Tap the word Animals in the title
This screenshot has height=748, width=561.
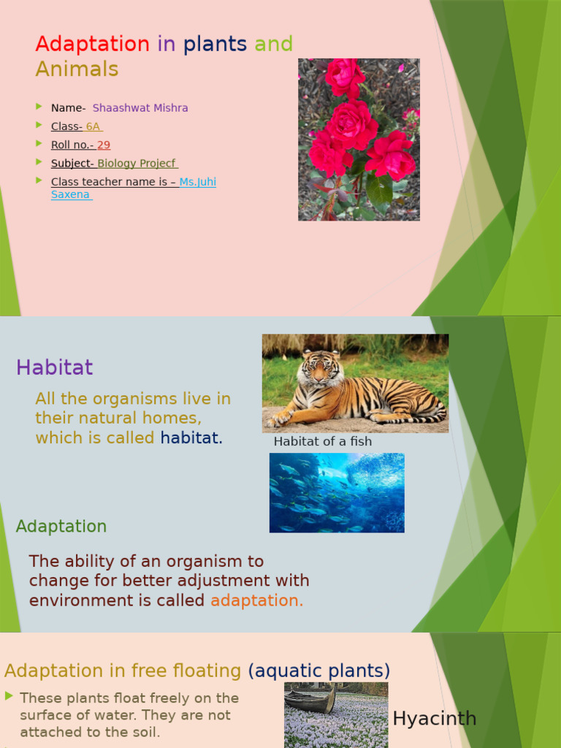(77, 69)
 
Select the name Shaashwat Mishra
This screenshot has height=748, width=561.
(140, 108)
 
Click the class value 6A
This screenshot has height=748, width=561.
(93, 126)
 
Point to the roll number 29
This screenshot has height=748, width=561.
(104, 145)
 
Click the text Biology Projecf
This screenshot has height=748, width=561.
(137, 164)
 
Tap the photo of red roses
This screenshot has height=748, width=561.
(359, 139)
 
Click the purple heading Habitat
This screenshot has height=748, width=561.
(55, 367)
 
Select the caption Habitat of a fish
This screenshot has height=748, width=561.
(322, 441)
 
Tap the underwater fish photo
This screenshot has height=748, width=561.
(337, 492)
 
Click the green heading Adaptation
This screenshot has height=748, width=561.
(61, 527)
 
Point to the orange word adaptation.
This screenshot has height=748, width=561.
(256, 600)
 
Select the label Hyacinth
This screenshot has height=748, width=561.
(435, 719)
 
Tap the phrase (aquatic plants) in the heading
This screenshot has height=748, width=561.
(318, 671)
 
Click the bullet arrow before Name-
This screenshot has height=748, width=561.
(39, 107)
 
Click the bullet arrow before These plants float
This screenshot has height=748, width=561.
(9, 696)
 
